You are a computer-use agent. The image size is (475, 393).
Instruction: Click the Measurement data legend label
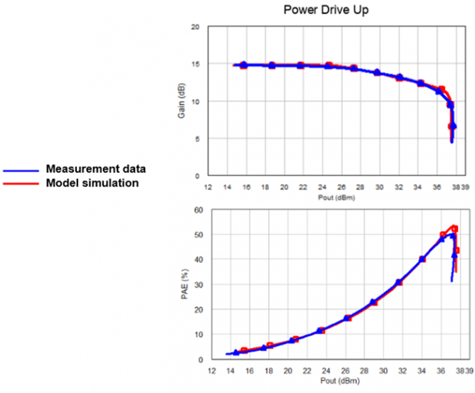pyautogui.click(x=96, y=169)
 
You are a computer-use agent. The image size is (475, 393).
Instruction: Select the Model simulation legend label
pyautogui.click(x=92, y=183)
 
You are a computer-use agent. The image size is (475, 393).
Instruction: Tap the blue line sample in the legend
pyautogui.click(x=22, y=170)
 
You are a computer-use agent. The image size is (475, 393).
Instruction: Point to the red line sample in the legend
pyautogui.click(x=22, y=184)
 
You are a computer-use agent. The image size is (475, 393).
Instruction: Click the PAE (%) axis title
pyautogui.click(x=183, y=285)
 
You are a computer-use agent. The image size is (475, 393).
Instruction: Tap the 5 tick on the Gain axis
pyautogui.click(x=196, y=139)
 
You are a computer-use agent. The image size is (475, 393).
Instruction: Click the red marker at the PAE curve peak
pyautogui.click(x=454, y=229)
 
